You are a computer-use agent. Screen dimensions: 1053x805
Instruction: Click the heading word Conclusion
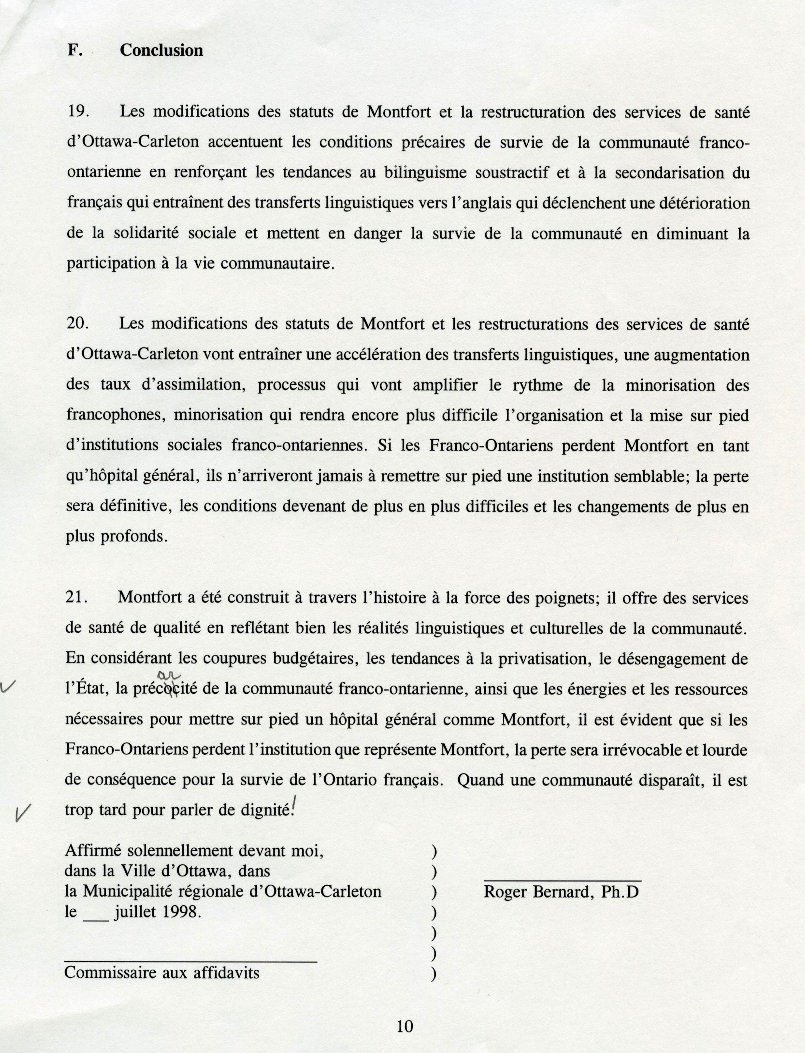161,50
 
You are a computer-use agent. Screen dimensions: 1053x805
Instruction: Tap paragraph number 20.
76,324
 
